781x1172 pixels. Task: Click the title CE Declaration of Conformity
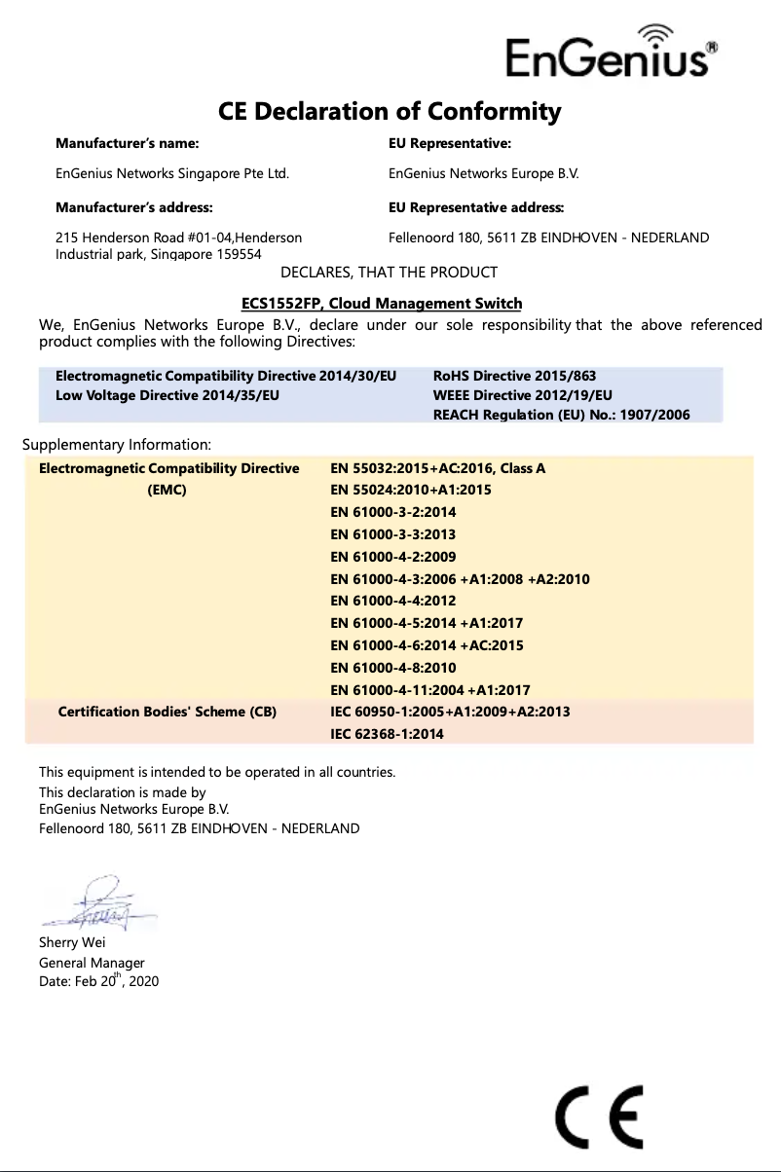pyautogui.click(x=390, y=111)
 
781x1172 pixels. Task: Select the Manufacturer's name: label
pyautogui.click(x=127, y=143)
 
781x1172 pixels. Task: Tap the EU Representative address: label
pyautogui.click(x=476, y=207)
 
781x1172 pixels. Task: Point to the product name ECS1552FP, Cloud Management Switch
pyautogui.click(x=381, y=304)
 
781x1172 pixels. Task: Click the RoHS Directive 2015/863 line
pyautogui.click(x=514, y=376)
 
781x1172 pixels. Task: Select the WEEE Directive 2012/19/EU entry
pyautogui.click(x=522, y=395)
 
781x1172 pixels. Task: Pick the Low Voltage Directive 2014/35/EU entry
pyautogui.click(x=167, y=395)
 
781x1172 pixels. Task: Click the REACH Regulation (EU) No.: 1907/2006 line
pyautogui.click(x=561, y=415)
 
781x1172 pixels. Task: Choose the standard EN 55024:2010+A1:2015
pyautogui.click(x=411, y=490)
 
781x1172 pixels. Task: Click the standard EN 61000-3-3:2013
pyautogui.click(x=393, y=534)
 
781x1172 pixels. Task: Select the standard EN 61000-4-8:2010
pyautogui.click(x=393, y=668)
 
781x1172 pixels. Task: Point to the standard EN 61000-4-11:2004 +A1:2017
pyautogui.click(x=430, y=690)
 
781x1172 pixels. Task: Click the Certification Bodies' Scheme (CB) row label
pyautogui.click(x=167, y=712)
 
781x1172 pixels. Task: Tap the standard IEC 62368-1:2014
pyautogui.click(x=388, y=734)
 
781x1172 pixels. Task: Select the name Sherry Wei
pyautogui.click(x=72, y=942)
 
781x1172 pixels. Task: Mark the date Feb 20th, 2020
pyautogui.click(x=98, y=981)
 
